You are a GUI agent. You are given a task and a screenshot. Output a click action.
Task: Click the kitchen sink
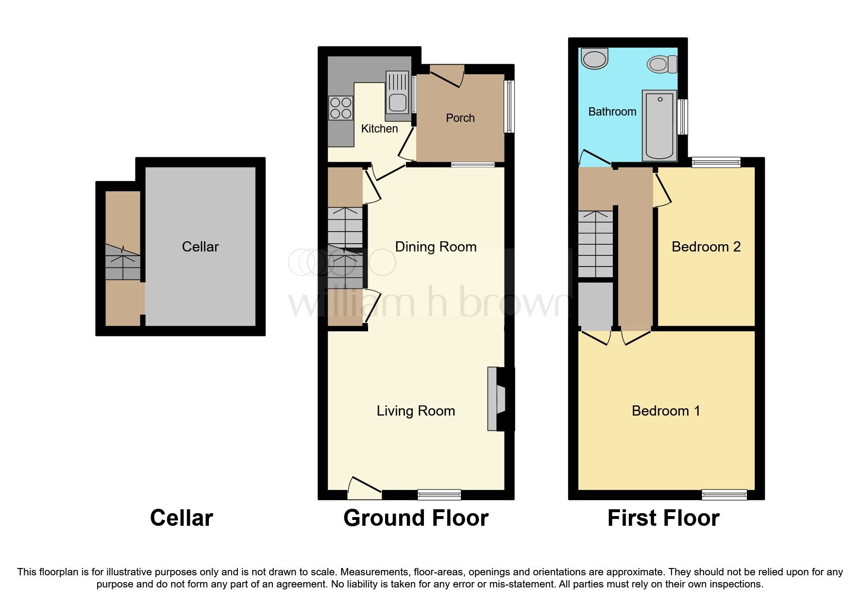tap(397, 96)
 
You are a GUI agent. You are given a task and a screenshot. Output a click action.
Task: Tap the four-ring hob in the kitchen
tap(340, 108)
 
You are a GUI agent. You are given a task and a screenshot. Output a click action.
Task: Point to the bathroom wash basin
tap(595, 59)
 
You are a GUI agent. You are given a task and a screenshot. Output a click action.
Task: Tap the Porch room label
tap(460, 118)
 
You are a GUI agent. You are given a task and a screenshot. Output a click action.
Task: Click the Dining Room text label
tap(436, 247)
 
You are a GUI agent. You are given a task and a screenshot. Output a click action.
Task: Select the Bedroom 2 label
tap(706, 247)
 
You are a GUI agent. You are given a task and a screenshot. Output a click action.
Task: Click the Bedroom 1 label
tap(666, 411)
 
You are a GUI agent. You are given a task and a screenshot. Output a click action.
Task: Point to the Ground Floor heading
tap(416, 518)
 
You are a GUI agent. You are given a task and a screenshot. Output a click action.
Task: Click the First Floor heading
tap(663, 518)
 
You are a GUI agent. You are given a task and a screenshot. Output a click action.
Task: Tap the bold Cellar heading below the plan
tap(181, 518)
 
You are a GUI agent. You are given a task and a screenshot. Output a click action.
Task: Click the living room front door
tap(364, 488)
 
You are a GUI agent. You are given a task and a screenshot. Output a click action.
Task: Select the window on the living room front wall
tap(439, 495)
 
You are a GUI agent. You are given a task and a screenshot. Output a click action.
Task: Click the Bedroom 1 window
tap(724, 495)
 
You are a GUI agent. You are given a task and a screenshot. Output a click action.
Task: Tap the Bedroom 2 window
tap(716, 162)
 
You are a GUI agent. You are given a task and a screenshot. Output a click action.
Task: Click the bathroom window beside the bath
tap(683, 117)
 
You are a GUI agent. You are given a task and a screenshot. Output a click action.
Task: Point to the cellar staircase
tap(123, 262)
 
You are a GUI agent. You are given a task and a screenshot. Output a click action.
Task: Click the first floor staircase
tap(595, 244)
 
